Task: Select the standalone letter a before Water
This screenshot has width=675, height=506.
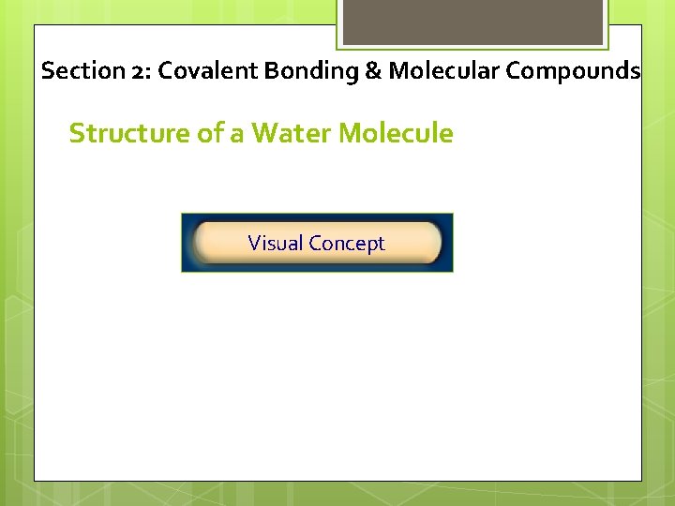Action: pos(236,135)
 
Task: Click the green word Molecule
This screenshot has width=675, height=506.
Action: pos(396,134)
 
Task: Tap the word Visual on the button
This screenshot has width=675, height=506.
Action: pos(276,244)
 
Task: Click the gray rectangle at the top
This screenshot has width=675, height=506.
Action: pos(472,21)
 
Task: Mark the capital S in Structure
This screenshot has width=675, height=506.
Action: pos(77,134)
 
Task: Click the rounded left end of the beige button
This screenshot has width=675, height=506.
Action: pos(201,243)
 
